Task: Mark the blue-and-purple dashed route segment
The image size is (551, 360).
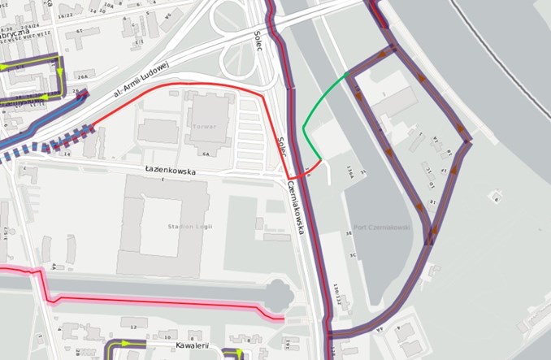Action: pos(49,146)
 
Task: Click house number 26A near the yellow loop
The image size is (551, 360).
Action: pos(82,75)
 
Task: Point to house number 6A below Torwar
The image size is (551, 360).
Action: pos(206,153)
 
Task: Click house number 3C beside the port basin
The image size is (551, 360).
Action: pos(353,255)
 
